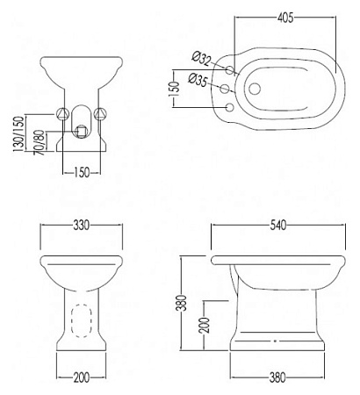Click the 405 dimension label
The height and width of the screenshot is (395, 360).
coord(285,18)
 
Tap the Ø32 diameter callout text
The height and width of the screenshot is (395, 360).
coord(201,58)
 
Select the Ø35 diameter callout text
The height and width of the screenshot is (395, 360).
coord(198,79)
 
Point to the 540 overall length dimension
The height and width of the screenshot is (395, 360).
coord(278,226)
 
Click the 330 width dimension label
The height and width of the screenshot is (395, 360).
coord(81,226)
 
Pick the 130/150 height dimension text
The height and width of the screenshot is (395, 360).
coord(18,134)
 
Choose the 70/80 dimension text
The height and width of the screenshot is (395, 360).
coord(40,142)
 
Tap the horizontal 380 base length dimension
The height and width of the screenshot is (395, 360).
coord(277,377)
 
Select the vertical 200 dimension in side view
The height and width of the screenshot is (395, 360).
coord(205,325)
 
